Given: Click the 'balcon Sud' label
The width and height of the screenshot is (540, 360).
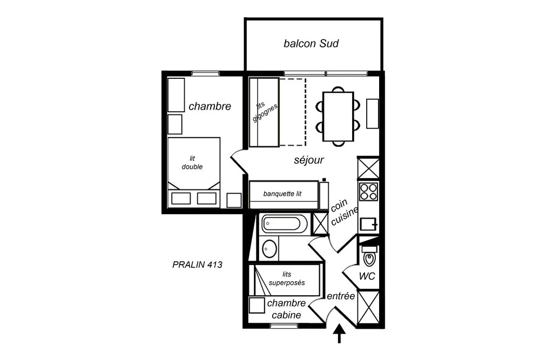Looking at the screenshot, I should tap(311, 44).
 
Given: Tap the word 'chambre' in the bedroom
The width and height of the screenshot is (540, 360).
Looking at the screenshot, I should tap(210, 106).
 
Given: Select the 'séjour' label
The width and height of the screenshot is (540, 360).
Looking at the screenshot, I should tap(309, 160).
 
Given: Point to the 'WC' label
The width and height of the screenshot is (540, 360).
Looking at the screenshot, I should tap(368, 277).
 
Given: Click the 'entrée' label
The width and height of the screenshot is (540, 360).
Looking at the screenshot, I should tap(341, 296).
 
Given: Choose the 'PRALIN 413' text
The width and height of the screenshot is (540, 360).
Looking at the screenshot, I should tap(197, 264).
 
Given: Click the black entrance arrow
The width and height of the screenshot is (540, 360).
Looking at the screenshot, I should tap(340, 334).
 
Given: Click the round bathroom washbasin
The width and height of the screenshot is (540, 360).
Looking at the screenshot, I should tap(269, 249).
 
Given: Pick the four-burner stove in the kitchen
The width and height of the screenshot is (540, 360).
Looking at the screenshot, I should tap(369, 192).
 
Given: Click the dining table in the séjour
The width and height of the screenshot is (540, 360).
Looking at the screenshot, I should tap(338, 116).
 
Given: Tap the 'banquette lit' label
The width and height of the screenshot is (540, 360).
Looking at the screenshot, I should tap(282, 194).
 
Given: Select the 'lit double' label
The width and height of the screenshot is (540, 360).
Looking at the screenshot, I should tap(192, 162).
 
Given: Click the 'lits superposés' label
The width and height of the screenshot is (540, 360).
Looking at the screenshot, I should tap(287, 279).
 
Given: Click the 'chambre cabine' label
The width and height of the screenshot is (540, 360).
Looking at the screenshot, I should tap(286, 309).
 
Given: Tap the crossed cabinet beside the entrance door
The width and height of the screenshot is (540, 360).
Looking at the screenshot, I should tap(369, 308).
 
